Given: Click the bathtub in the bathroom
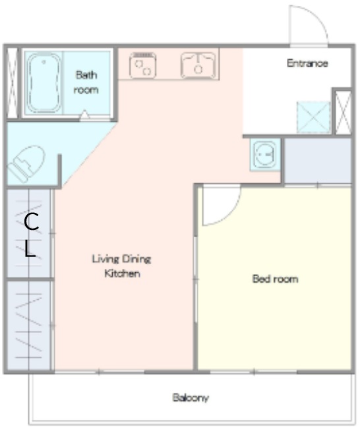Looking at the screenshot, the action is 44,83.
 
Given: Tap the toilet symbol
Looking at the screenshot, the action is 26,163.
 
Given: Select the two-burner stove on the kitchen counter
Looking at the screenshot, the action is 142,65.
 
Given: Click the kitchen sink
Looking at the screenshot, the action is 198,65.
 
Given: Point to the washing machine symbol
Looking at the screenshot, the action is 265,155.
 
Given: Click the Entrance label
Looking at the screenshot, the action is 307,63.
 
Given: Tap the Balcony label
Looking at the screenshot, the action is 191,397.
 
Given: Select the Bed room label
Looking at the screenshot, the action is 275,279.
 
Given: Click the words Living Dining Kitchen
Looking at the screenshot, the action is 121,266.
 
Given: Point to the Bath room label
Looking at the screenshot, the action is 86,82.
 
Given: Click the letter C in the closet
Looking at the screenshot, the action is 31,221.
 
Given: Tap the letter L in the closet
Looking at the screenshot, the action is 30,249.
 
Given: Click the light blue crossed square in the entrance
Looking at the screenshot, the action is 314,117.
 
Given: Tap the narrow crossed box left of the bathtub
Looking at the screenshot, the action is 12,83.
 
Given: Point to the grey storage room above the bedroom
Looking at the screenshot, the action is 318,160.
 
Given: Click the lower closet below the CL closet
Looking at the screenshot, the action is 29,326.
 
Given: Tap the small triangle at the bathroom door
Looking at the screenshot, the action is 84,115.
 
